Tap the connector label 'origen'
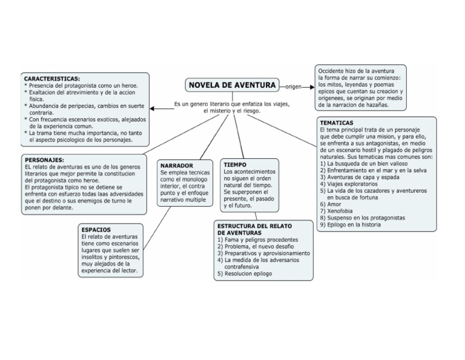point(294,87)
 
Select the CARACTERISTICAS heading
point(51,79)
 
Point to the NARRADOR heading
point(176,165)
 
